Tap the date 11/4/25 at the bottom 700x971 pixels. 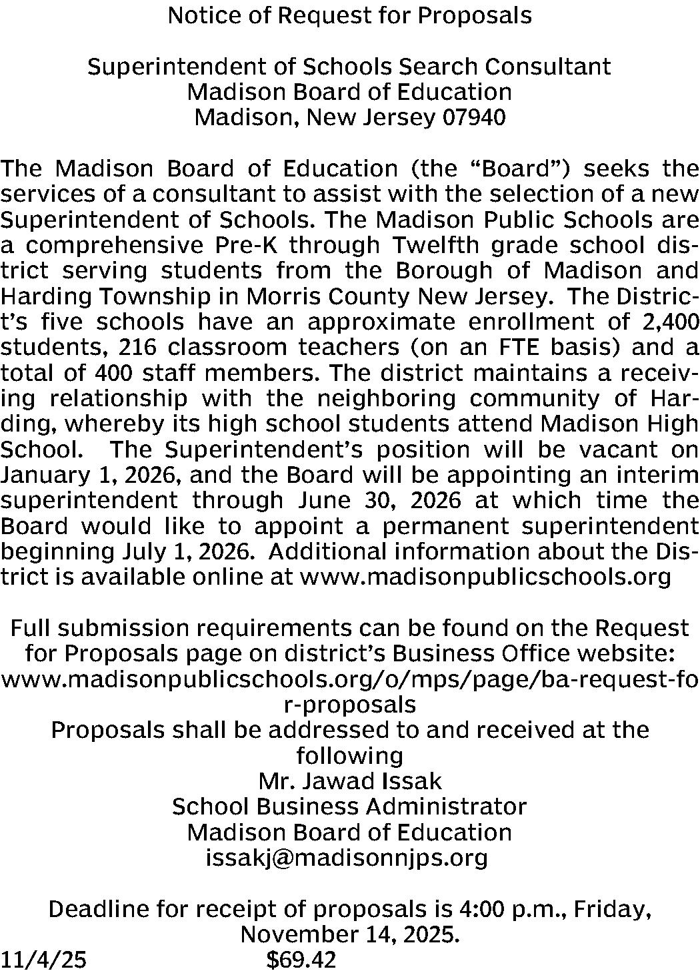click(x=44, y=960)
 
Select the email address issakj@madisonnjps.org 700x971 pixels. click(x=347, y=858)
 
